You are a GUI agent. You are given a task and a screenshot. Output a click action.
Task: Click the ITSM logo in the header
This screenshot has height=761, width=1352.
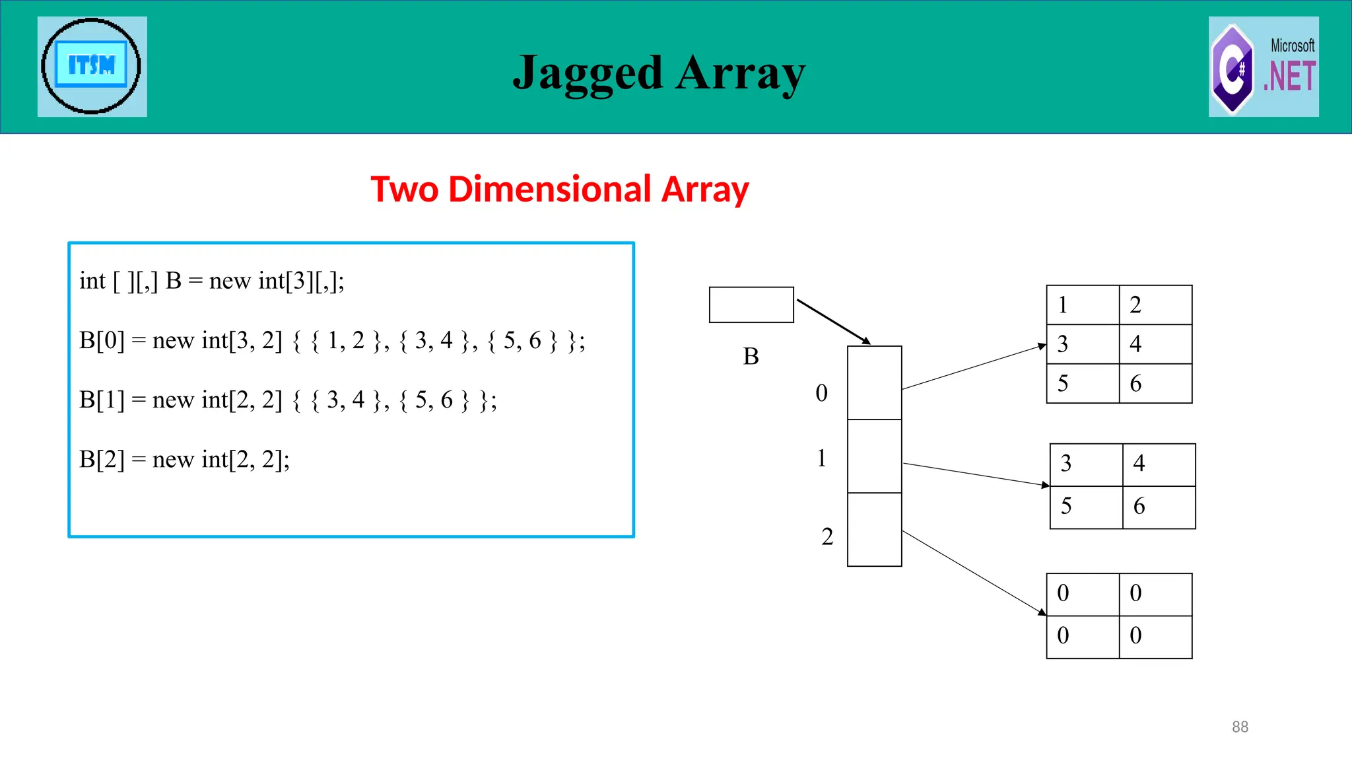pos(92,66)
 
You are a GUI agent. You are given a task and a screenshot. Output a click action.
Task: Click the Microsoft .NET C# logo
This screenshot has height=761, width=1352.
pos(1264,67)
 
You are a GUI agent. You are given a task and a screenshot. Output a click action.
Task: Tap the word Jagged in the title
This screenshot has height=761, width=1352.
pos(587,73)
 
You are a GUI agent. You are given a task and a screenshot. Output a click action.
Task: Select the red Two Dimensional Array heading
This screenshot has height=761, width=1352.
pos(559,190)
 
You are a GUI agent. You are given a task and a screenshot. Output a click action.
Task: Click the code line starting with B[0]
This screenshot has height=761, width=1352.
pos(332,341)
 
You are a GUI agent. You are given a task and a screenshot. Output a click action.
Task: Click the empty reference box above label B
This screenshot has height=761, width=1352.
pos(751,305)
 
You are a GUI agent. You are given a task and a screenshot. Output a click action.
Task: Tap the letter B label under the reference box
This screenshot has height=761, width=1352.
pos(751,357)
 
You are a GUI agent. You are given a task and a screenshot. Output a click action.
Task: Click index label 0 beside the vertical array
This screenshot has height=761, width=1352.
pos(821,393)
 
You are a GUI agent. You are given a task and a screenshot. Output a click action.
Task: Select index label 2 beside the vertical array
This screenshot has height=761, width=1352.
pos(827,536)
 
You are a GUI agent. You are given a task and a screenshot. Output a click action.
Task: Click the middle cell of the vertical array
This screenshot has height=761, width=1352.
pos(874,456)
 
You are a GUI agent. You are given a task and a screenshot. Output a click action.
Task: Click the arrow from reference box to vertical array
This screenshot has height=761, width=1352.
pos(833,322)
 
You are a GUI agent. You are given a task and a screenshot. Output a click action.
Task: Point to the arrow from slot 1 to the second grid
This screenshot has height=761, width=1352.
pos(976,474)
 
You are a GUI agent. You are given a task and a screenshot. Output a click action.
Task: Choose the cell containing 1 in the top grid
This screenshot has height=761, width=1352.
pos(1083,305)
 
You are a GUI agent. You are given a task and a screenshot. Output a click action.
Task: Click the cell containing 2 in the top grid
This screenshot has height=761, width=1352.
pos(1155,305)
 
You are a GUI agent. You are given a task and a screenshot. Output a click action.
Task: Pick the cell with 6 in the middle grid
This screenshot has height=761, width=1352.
pos(1159,507)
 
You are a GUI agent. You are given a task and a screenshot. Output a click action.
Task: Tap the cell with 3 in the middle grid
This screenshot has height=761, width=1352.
pos(1086,464)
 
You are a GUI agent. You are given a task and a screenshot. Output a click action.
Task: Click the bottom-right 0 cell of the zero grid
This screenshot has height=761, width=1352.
pos(1155,636)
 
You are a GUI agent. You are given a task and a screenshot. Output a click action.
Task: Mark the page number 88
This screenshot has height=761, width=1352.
pos(1240,727)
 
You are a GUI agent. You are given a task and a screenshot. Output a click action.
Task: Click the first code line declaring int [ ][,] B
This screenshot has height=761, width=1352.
pos(212,281)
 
